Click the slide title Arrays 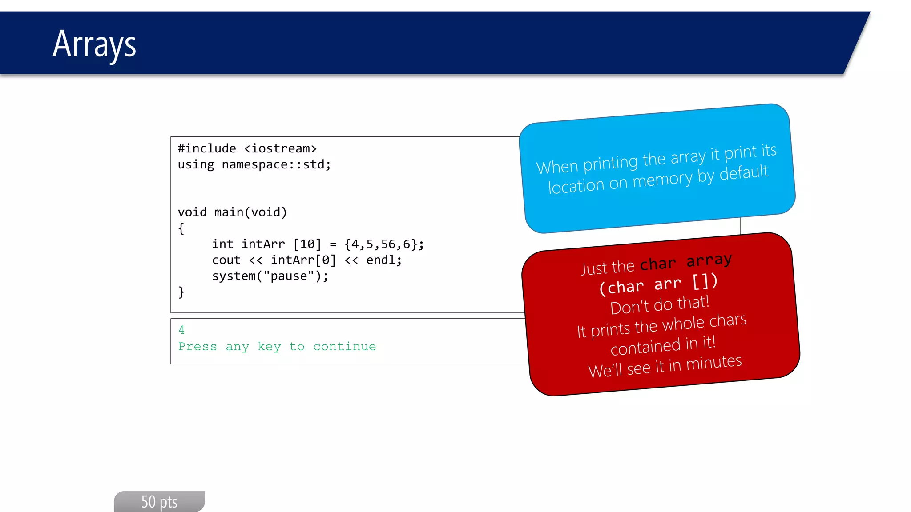click(94, 44)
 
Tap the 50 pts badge click(159, 502)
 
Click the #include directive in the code click(207, 148)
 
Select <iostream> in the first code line click(280, 148)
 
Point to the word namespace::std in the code click(274, 164)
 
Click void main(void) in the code click(232, 212)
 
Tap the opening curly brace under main click(181, 228)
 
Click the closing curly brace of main click(181, 292)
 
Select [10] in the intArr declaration click(307, 244)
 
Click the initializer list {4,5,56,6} click(383, 244)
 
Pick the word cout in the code click(226, 260)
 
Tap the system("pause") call click(270, 276)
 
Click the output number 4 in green click(181, 330)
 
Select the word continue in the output click(344, 346)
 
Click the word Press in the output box click(198, 346)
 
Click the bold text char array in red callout click(685, 262)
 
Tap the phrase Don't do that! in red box click(659, 305)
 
